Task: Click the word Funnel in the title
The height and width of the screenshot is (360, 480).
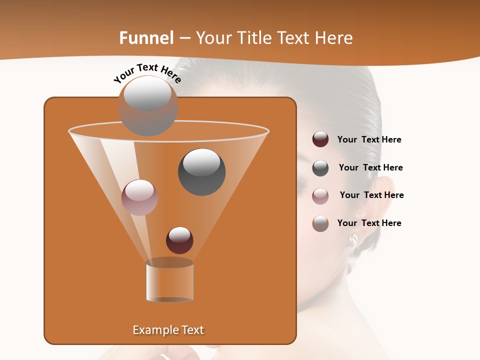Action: point(146,38)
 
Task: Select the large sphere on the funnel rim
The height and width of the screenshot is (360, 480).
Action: point(147,106)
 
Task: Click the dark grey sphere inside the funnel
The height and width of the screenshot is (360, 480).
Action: point(201,172)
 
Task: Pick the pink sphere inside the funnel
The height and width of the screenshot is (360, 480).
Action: point(139,197)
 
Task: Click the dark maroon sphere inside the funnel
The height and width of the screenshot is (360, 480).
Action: point(179,240)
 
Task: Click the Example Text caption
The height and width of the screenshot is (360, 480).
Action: point(168,330)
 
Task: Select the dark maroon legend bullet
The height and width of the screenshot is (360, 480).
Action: point(320,139)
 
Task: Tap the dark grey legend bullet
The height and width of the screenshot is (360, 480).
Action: point(320,168)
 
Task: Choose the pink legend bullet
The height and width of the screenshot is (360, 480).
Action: point(320,196)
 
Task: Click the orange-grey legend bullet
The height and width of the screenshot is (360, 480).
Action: point(320,223)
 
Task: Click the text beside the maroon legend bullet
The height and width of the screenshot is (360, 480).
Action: point(369,140)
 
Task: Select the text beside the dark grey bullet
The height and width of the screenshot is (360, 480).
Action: point(370,168)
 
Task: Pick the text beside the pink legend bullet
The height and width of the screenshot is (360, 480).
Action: point(371,195)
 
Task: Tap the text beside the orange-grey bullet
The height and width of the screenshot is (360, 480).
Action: point(369,223)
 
